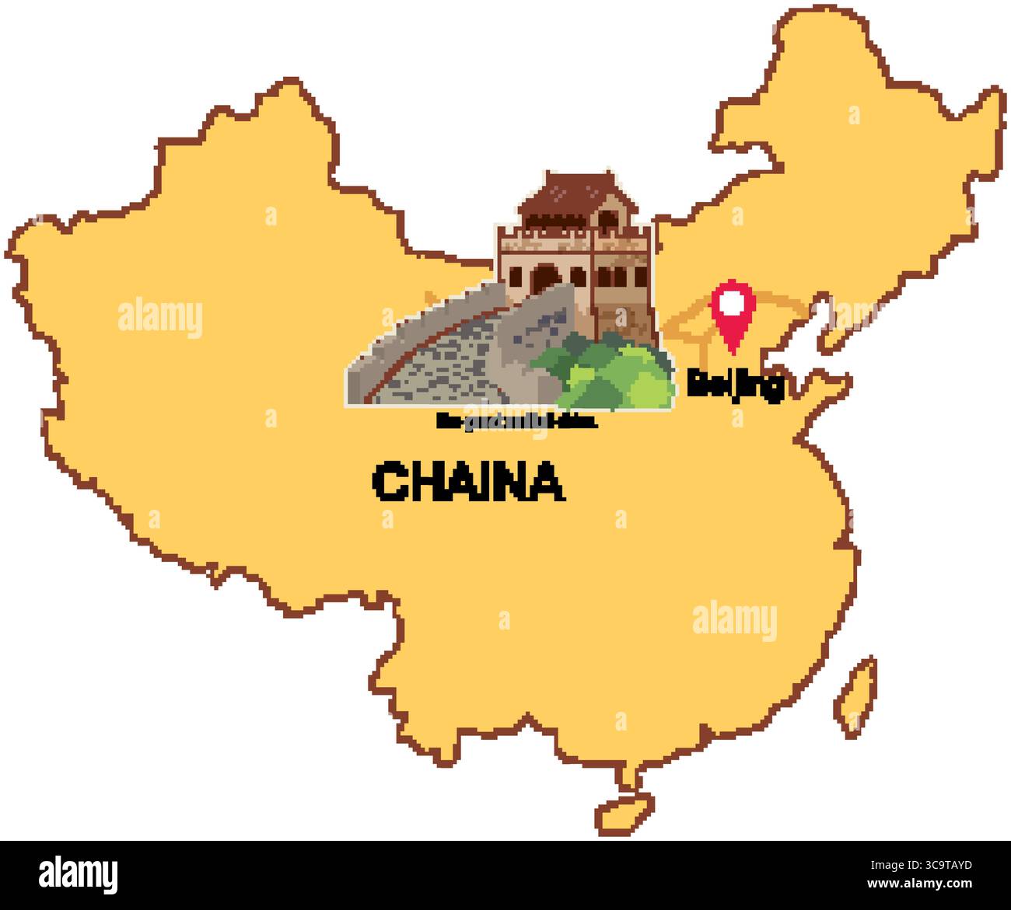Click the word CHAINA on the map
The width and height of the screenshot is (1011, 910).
tap(469, 482)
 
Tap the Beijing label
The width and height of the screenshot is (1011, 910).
tap(735, 386)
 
